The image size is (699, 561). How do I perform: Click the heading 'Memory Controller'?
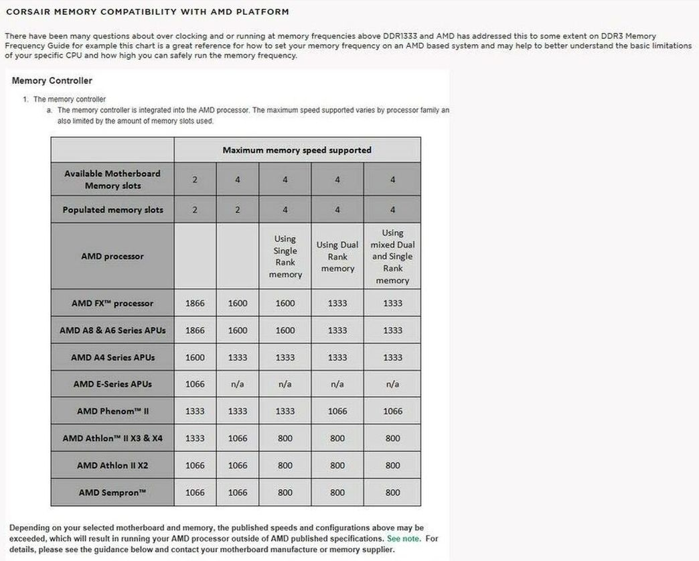[x=52, y=80]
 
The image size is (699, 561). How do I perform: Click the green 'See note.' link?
[x=403, y=538]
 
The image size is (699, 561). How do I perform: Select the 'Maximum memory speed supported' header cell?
[x=297, y=150]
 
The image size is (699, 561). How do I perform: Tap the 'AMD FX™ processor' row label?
[x=112, y=303]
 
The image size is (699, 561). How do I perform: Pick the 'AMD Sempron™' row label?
[x=112, y=492]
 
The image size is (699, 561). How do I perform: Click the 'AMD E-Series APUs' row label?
[x=112, y=384]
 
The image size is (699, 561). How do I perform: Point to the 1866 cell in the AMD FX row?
[x=195, y=303]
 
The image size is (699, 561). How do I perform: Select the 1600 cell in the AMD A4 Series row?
[x=195, y=357]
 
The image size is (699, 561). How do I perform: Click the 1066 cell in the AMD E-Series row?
[x=195, y=384]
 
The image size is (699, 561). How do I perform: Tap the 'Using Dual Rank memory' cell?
[x=337, y=257]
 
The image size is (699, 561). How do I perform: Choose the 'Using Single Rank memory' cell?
[x=285, y=257]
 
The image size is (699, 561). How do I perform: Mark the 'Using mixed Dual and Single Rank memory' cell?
[x=392, y=257]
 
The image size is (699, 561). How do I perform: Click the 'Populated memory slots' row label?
[x=112, y=210]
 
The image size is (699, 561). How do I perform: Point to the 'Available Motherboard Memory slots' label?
[x=112, y=179]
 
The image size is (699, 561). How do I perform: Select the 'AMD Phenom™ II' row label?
[x=112, y=411]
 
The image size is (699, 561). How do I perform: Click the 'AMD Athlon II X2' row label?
[x=112, y=465]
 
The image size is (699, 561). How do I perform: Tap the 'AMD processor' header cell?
[x=112, y=256]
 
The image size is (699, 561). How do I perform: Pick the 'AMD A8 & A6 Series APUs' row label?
[x=112, y=330]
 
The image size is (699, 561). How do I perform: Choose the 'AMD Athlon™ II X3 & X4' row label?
[x=112, y=438]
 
